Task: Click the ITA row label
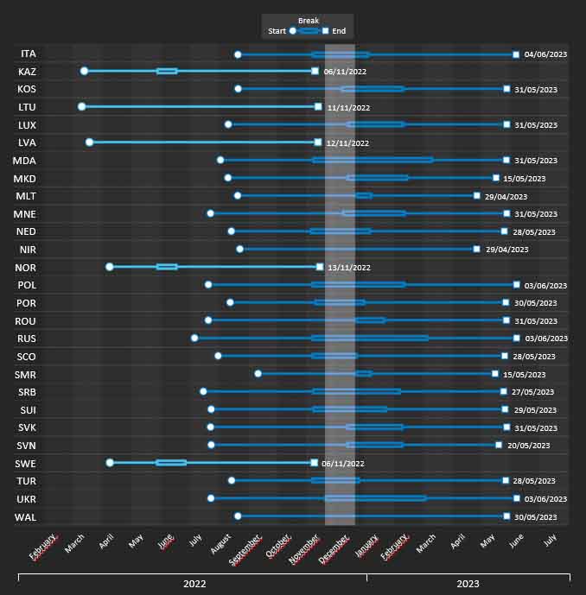click(29, 54)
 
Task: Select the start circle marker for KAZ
click(84, 71)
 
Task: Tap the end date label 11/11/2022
click(348, 108)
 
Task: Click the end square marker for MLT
click(476, 196)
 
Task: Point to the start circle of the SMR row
click(258, 374)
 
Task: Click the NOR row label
click(26, 267)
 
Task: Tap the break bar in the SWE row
click(171, 463)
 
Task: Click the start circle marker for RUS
click(194, 338)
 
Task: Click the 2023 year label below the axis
click(468, 584)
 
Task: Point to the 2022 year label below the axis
click(194, 584)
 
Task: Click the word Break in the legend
click(308, 21)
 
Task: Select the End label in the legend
click(339, 31)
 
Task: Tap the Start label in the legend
click(277, 31)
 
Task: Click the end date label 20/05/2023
click(529, 446)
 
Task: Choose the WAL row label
click(26, 516)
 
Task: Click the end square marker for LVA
click(318, 142)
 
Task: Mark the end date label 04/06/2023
click(545, 54)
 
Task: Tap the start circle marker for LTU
click(81, 107)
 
